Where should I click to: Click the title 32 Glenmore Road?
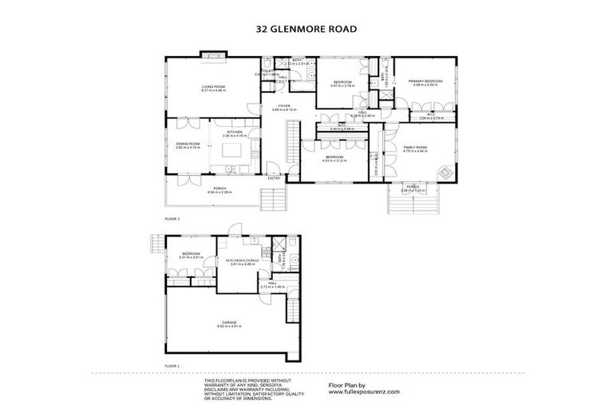click(x=306, y=28)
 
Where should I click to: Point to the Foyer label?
click(x=283, y=106)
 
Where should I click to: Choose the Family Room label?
click(x=416, y=147)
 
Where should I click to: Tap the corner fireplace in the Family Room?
click(x=442, y=170)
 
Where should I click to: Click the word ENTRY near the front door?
click(x=274, y=178)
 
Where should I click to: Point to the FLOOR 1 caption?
click(x=172, y=365)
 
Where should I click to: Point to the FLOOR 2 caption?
click(x=172, y=217)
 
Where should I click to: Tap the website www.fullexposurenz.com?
click(x=364, y=392)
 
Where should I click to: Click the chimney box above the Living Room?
click(x=213, y=55)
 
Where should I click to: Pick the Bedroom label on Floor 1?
click(x=192, y=255)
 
